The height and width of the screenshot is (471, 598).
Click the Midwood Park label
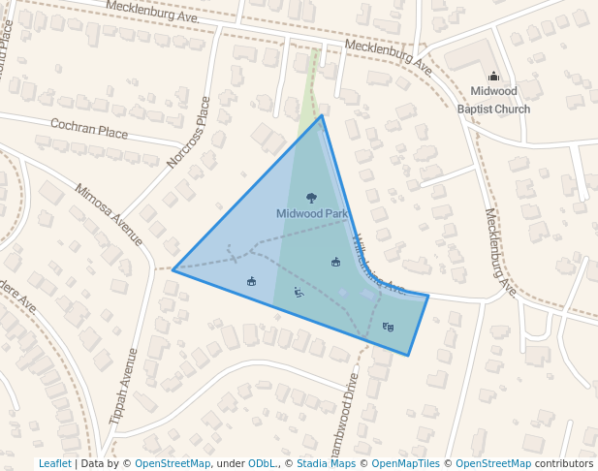coord(311,213)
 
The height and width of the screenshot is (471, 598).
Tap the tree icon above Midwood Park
coord(311,198)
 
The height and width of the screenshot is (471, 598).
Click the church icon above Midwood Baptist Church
coord(493,77)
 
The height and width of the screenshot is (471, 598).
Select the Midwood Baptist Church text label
coord(493,100)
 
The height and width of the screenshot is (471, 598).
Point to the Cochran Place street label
coord(89,129)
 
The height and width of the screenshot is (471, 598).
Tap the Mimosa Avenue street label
coord(109,215)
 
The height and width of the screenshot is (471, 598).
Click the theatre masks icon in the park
coord(389,327)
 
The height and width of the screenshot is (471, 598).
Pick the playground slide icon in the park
coord(299,292)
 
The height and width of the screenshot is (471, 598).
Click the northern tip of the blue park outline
coord(322,115)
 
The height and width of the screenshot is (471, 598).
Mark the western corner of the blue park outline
coord(173,269)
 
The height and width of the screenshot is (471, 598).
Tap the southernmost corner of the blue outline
coord(408,356)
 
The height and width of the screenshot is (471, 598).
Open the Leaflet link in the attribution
coord(55,463)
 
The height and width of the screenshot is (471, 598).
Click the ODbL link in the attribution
coord(262,463)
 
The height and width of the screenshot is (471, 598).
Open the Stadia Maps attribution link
coord(326,463)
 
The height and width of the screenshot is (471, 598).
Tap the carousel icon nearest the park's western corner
coord(252,281)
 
